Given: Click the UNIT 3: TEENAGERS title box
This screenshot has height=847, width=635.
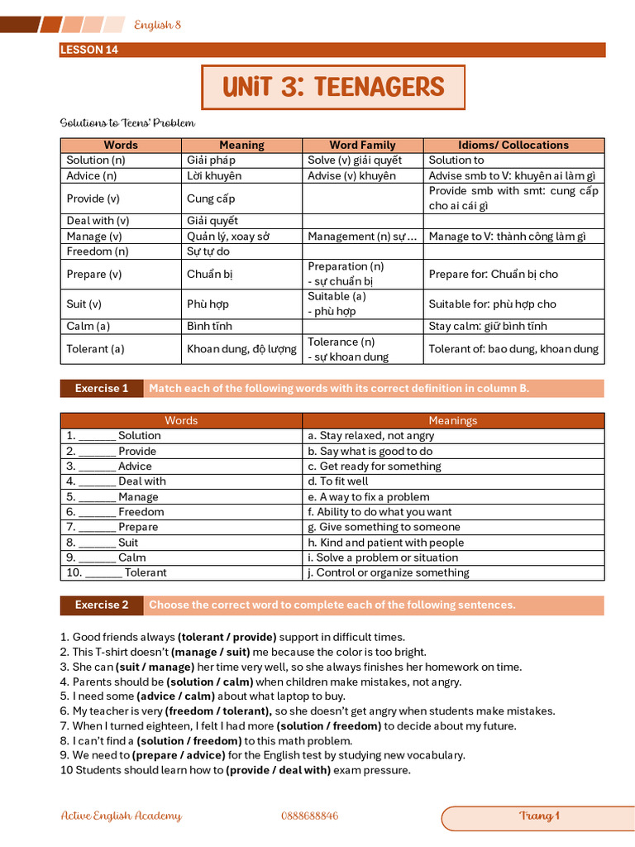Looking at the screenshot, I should coord(333,87).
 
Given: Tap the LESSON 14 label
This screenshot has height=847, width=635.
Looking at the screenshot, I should coord(89,50).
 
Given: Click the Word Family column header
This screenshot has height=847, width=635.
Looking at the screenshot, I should coord(362,145).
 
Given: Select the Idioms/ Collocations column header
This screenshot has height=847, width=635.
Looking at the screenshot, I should coord(513,145).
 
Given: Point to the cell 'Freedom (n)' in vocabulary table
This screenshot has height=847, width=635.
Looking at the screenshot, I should coord(98,251).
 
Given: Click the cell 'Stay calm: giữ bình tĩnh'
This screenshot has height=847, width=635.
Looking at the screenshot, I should coord(488,326).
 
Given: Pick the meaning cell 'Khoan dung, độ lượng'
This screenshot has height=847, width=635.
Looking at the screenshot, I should coord(241,349).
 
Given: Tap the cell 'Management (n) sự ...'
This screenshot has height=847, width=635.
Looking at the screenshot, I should coord(361,237).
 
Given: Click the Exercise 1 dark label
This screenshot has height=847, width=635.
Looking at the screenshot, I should coord(102,388).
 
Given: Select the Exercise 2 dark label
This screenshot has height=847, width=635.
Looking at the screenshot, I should coord(102,605).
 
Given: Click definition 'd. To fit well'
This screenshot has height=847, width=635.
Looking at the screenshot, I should coord(337,481).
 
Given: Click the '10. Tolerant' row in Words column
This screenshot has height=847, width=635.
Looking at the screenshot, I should coord(117,572).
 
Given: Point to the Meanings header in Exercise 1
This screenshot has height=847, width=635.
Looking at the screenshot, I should coord(452,420).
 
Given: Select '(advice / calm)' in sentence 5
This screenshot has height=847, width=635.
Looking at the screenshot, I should coord(172,696).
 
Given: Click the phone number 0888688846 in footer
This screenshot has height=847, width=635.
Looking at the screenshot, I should coord(309,816).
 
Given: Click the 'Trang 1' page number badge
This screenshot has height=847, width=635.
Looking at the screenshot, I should coord(539,816).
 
